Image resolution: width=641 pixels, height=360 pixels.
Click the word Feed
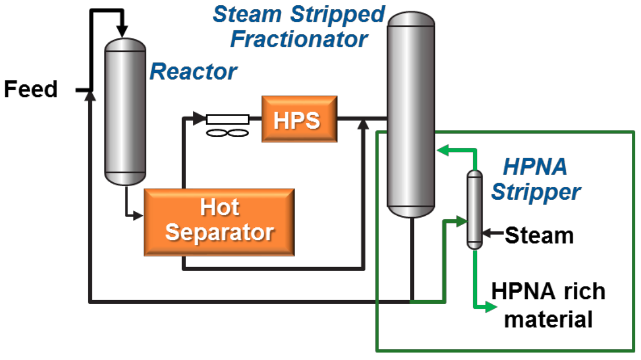click(31, 89)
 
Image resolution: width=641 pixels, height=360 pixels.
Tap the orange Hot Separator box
click(219, 221)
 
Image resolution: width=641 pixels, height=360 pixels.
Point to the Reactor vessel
click(125, 111)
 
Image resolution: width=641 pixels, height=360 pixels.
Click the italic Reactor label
click(193, 72)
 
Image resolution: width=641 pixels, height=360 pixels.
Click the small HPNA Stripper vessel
click(474, 209)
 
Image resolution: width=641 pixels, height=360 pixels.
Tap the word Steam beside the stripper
click(539, 235)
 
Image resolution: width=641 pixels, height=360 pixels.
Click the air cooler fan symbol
click(227, 133)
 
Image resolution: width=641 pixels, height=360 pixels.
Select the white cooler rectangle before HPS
click(227, 119)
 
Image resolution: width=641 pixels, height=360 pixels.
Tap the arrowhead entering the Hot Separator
click(138, 215)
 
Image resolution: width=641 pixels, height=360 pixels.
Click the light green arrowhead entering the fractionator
click(441, 150)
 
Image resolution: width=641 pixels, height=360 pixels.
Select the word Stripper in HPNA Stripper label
click(536, 192)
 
